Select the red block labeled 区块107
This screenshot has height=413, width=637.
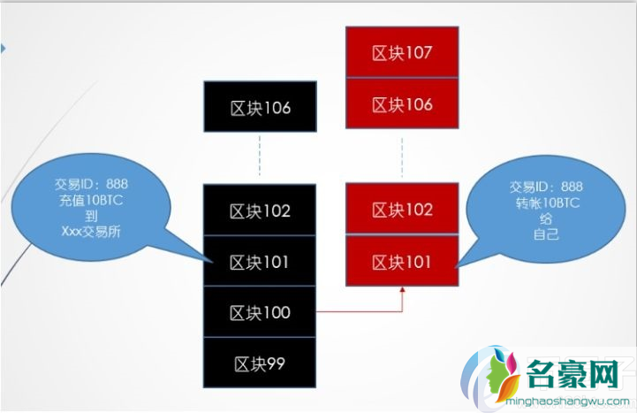pyautogui.click(x=402, y=52)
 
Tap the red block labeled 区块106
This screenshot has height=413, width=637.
pyautogui.click(x=402, y=104)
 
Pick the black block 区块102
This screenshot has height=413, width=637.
pyautogui.click(x=260, y=211)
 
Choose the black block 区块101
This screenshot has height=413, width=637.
pyautogui.click(x=260, y=262)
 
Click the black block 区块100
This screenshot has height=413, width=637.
pyautogui.click(x=260, y=312)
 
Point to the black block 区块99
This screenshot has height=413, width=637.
pyautogui.click(x=260, y=363)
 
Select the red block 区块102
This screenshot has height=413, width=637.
pyautogui.click(x=402, y=210)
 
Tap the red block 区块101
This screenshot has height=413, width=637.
pyautogui.click(x=402, y=261)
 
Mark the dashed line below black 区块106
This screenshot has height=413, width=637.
pyautogui.click(x=260, y=159)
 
